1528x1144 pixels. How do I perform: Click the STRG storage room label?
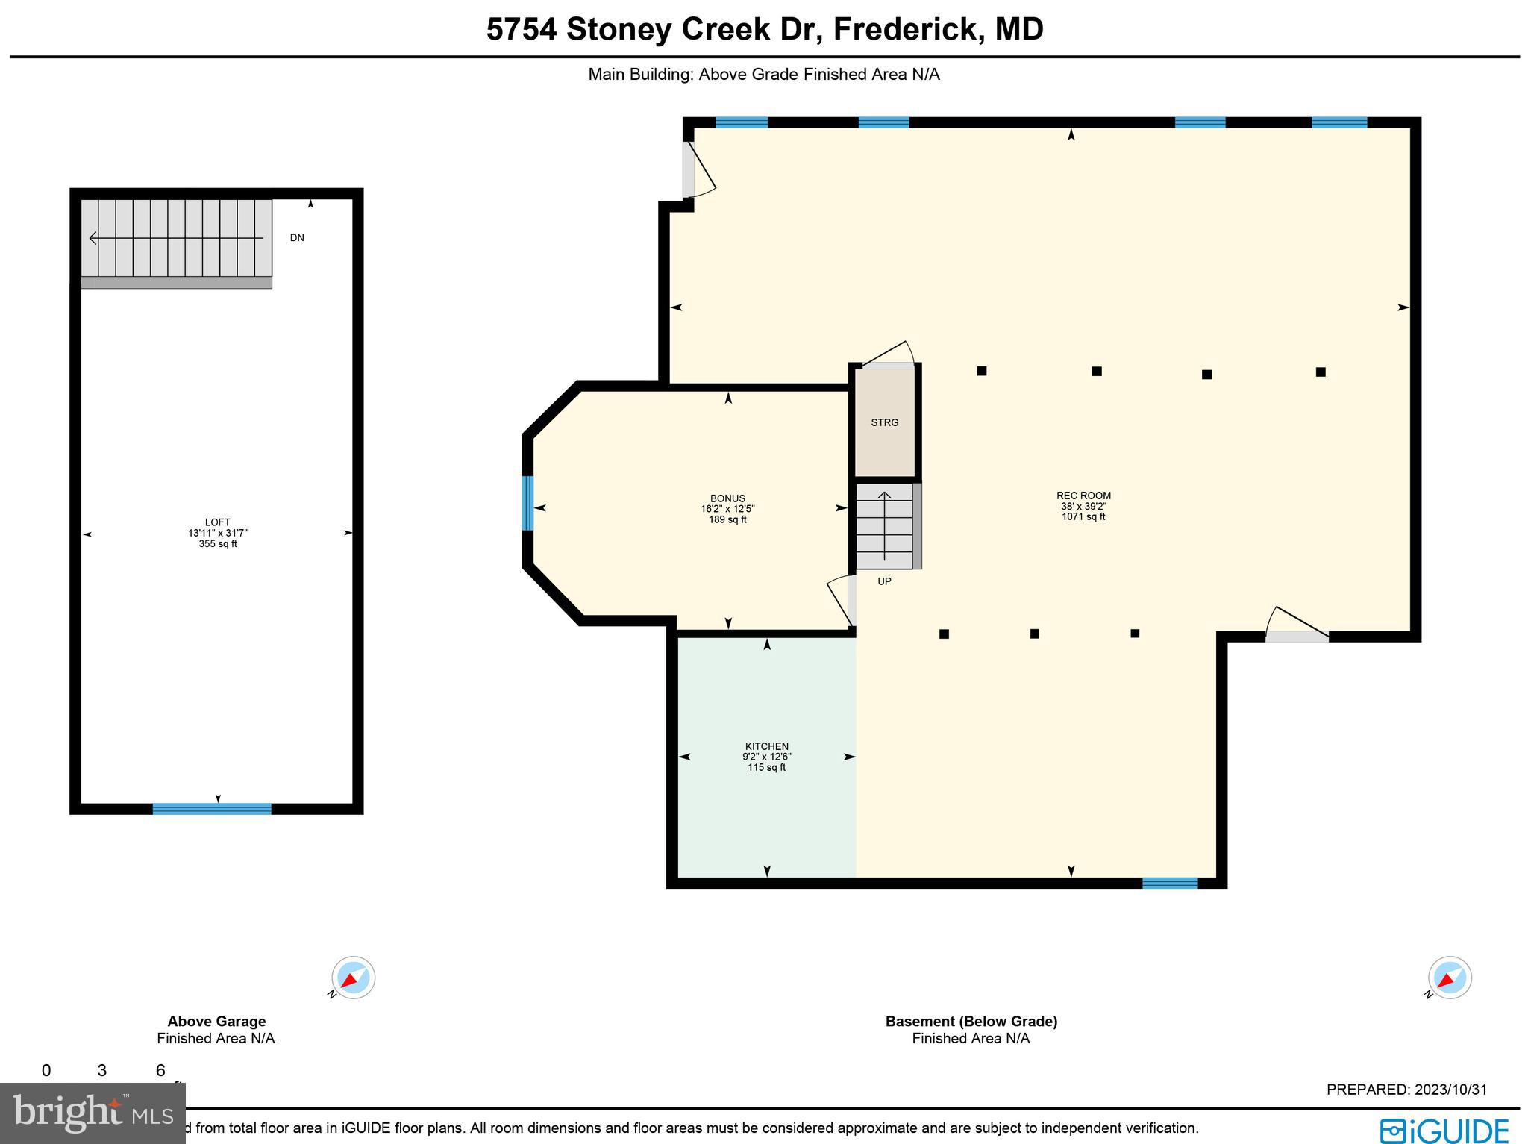point(884,422)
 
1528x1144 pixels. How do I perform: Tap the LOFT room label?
point(218,522)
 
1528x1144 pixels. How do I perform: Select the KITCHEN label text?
point(766,746)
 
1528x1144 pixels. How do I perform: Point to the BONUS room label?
point(727,498)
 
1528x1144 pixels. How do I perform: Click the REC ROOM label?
point(1083,496)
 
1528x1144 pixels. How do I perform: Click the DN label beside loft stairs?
point(297,238)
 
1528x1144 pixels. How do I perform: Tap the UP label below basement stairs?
point(884,581)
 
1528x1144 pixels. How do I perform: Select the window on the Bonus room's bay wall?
point(527,503)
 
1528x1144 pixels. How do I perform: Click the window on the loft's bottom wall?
point(212,809)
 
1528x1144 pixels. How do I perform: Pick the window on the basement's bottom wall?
point(1169,883)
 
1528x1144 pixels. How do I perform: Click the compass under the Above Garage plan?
point(353,978)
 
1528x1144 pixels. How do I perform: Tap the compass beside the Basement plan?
point(1449,978)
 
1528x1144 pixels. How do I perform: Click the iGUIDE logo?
point(1444,1129)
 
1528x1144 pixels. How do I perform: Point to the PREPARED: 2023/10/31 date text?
point(1406,1090)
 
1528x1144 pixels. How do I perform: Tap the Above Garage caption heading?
point(216,1022)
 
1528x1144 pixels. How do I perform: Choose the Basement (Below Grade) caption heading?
point(971,1022)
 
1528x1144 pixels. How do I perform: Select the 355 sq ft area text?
point(218,544)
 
